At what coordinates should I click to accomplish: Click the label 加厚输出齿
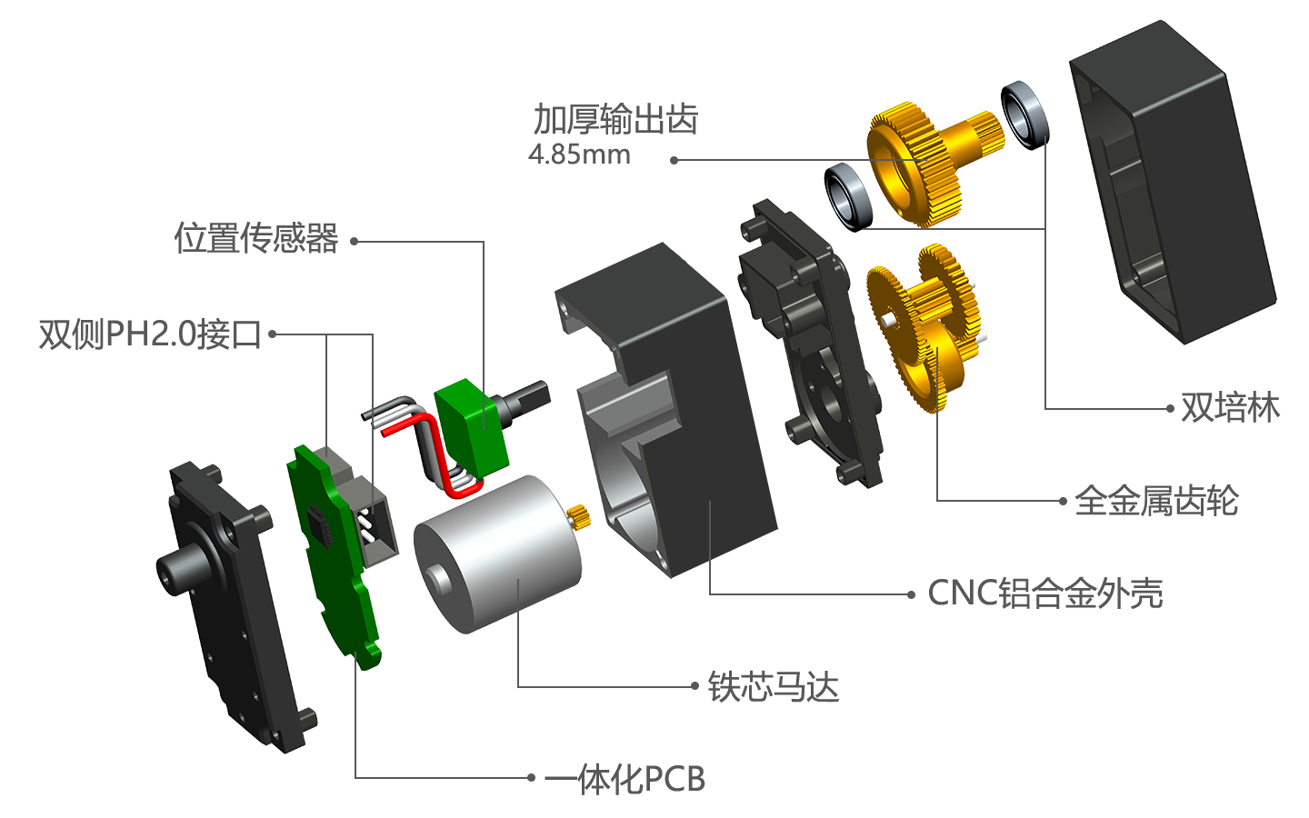615,119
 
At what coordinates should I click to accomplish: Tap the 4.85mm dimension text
579,155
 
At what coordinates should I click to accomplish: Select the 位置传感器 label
256,238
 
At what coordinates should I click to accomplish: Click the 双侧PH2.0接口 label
150,334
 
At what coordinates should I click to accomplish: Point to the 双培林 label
1230,407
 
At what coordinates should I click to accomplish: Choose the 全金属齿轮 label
1156,501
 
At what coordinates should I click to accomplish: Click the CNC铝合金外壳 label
1045,594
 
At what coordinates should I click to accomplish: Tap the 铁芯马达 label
773,686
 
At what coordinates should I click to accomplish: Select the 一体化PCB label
625,779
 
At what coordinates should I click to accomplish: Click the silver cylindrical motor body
496,555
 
